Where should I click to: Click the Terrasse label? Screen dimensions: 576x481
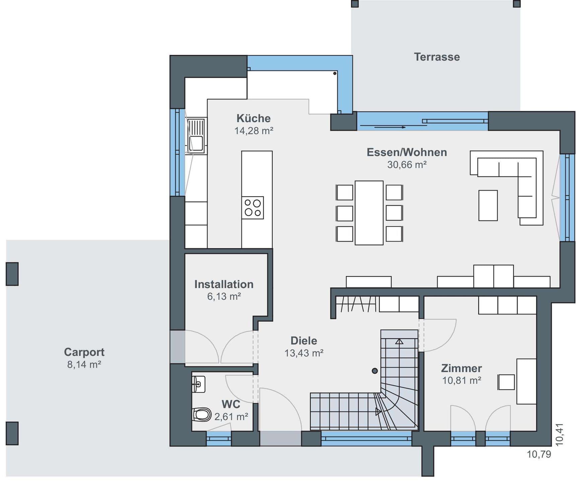click(437, 57)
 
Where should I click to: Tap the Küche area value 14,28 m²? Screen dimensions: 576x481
click(254, 131)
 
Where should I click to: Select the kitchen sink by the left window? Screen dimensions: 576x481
click(196, 136)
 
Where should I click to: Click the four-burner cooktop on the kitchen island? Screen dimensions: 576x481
click(253, 208)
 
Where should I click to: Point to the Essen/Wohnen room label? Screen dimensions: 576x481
click(407, 152)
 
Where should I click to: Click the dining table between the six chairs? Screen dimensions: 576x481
click(369, 213)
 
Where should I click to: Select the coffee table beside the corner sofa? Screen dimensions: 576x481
click(488, 205)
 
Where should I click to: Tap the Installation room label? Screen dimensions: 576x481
click(224, 284)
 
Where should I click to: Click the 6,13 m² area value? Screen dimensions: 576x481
click(224, 296)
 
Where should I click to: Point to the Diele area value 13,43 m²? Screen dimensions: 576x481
click(304, 353)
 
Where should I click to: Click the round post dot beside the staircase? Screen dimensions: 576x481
click(375, 371)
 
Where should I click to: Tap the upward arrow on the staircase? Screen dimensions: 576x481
click(399, 342)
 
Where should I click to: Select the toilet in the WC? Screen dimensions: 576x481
click(202, 415)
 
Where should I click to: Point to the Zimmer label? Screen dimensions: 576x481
click(461, 368)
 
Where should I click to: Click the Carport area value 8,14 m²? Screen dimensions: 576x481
click(84, 364)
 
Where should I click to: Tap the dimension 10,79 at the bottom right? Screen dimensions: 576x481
click(539, 454)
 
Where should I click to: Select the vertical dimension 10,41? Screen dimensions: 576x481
click(560, 435)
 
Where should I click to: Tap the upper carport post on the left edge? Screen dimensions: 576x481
click(12, 274)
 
